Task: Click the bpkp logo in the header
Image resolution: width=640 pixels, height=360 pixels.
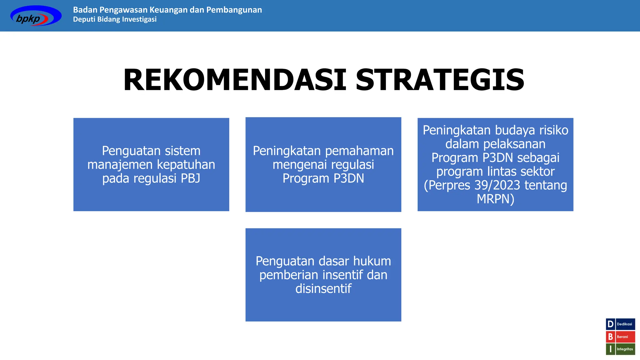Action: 36,16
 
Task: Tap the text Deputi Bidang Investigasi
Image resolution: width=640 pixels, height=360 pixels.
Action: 115,19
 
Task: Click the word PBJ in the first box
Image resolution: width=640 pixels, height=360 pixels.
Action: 190,178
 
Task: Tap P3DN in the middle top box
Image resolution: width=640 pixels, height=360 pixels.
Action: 348,178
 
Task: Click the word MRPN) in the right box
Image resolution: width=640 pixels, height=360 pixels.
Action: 495,199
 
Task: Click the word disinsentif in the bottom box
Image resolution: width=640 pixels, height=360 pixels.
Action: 323,289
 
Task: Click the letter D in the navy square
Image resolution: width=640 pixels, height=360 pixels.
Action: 610,324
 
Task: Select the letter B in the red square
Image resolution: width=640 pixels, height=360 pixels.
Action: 610,337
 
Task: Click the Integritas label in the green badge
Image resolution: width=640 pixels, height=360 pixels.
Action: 625,349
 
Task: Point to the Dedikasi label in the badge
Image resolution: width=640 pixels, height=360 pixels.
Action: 624,324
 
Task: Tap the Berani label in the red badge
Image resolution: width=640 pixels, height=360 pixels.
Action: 622,337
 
